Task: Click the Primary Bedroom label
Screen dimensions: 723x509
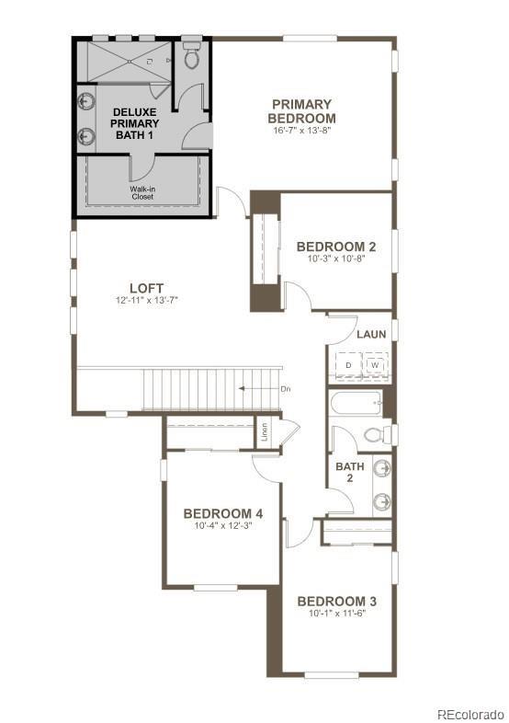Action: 301,111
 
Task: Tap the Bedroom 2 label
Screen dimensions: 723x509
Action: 335,247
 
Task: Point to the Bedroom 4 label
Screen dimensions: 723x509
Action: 223,513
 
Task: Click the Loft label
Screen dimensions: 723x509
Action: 140,289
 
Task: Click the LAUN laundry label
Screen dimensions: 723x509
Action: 371,334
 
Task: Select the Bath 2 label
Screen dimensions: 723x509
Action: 349,473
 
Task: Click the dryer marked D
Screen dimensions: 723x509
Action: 348,365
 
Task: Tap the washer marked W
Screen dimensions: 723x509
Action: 375,365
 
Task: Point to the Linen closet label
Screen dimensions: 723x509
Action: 265,432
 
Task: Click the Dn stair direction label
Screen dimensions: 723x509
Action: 285,389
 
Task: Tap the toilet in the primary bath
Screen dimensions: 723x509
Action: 192,57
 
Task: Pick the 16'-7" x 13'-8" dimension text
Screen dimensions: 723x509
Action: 301,132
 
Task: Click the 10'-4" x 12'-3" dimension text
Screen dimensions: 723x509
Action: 223,527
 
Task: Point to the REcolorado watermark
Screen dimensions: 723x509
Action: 469,713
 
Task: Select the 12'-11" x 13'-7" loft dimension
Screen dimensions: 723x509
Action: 140,302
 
